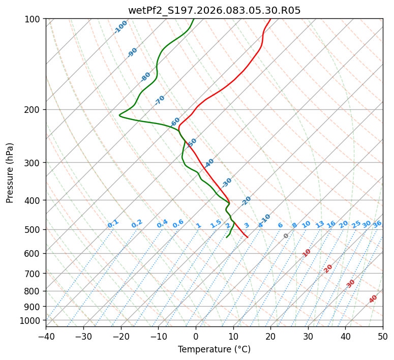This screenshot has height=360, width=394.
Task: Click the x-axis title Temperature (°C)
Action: pyautogui.click(x=214, y=350)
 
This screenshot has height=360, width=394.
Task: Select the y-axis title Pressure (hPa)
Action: pyautogui.click(x=10, y=173)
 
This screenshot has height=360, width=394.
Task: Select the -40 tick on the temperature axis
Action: pyautogui.click(x=46, y=337)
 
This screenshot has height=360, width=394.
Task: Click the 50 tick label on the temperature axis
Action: pyautogui.click(x=383, y=337)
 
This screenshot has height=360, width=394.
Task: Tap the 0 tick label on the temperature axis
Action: pyautogui.click(x=196, y=337)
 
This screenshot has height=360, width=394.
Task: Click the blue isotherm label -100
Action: pyautogui.click(x=120, y=27)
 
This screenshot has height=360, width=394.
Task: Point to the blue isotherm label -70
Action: pyautogui.click(x=160, y=100)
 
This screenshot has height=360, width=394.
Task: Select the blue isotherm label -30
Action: pyautogui.click(x=227, y=183)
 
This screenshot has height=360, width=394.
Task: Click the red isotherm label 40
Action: pyautogui.click(x=373, y=299)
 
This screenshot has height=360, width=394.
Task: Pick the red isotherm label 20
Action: pyautogui.click(x=328, y=268)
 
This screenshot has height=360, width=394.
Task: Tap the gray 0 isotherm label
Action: pyautogui.click(x=286, y=236)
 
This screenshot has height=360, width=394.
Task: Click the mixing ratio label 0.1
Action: pyautogui.click(x=113, y=224)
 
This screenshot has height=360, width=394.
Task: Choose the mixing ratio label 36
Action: pyautogui.click(x=377, y=224)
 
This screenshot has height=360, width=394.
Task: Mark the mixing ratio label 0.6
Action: pyautogui.click(x=178, y=224)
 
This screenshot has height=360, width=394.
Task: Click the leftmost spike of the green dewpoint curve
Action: pyautogui.click(x=119, y=115)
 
